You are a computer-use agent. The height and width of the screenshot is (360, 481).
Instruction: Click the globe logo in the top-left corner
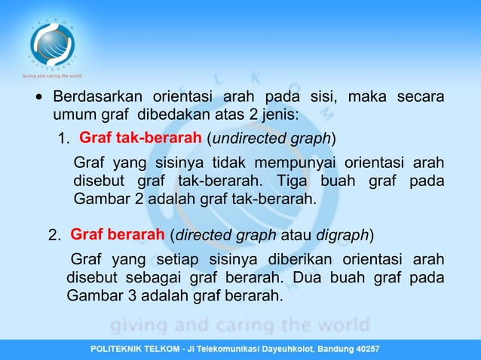[52, 42]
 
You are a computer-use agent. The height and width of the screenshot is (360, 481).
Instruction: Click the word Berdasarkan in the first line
[97, 97]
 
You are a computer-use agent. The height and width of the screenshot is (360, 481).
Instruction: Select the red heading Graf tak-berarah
[140, 139]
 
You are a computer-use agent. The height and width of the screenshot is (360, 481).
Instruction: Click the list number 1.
[64, 140]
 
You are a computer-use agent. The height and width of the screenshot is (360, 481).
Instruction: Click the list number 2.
[54, 236]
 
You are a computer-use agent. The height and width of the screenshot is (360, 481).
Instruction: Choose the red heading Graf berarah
[118, 234]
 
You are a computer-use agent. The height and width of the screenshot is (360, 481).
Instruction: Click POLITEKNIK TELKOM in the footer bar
[136, 350]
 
